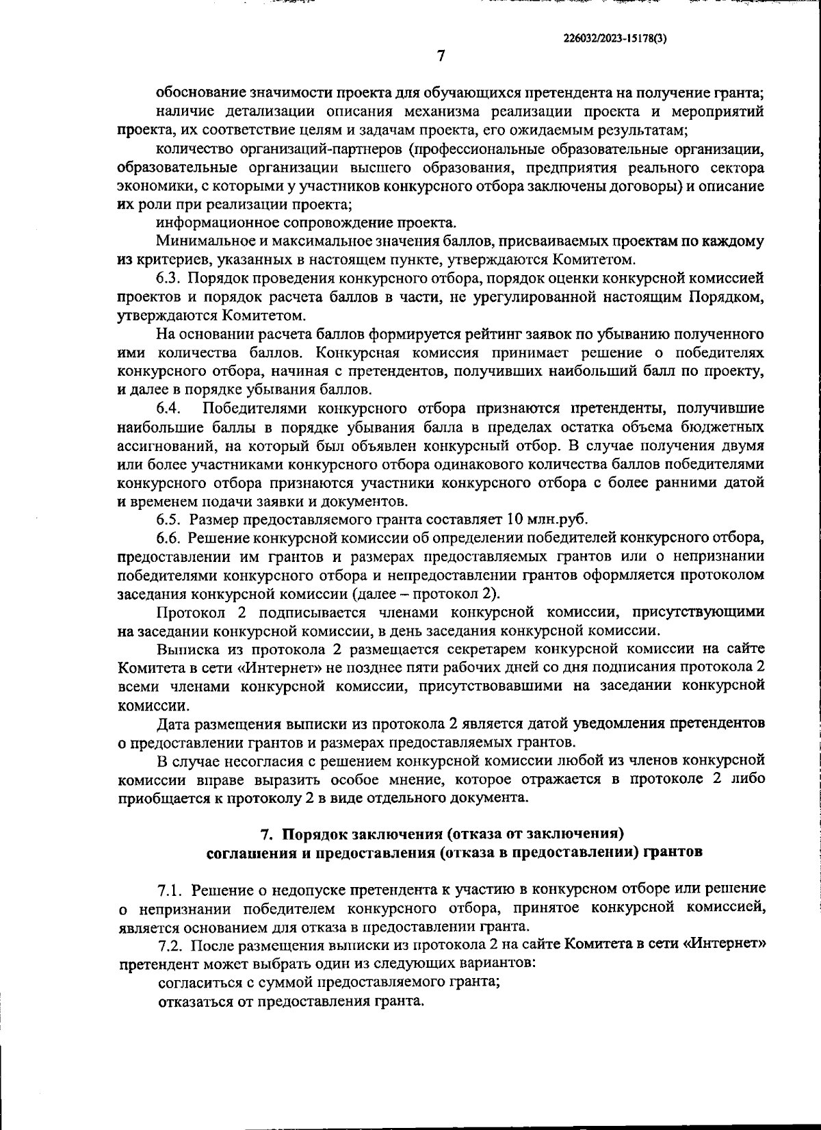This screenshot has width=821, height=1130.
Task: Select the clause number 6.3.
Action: click(168, 279)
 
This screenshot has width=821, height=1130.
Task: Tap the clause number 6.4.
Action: click(168, 409)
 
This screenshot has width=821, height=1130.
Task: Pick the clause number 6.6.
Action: click(168, 538)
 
